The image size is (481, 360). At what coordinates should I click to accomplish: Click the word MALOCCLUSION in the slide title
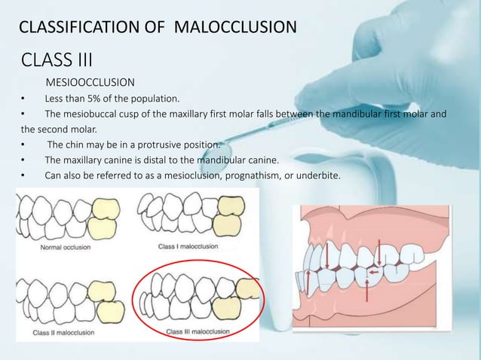tap(235, 29)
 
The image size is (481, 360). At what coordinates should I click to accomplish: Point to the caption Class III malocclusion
tap(198, 331)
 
